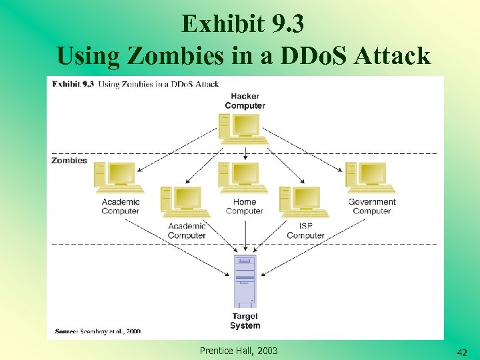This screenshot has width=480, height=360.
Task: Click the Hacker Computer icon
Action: (244, 129)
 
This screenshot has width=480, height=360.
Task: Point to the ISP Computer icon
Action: (305, 202)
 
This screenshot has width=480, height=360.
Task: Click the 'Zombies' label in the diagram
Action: (69, 161)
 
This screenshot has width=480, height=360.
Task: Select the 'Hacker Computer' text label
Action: (245, 101)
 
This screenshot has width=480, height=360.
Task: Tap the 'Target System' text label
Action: (245, 321)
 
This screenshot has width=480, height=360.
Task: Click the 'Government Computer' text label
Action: (372, 207)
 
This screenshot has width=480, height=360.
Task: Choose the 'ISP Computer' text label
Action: (305, 231)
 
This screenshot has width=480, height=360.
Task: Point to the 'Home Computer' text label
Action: (245, 207)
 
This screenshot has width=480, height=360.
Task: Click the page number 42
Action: (461, 352)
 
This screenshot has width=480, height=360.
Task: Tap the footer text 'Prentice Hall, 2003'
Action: (239, 351)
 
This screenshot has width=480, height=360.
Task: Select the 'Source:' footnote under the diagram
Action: (99, 331)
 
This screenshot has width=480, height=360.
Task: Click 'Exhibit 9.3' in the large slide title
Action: (243, 24)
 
